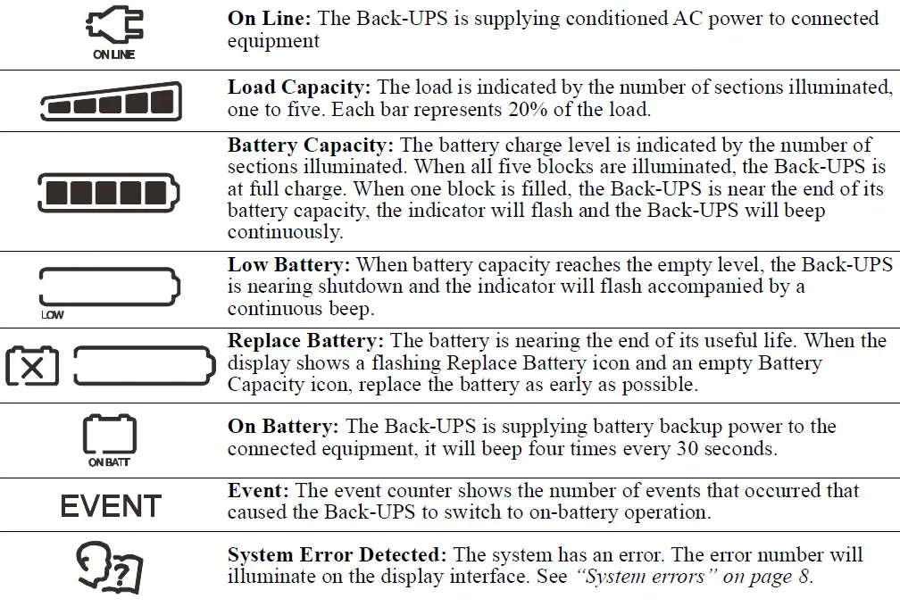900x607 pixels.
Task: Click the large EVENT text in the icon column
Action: coord(111,505)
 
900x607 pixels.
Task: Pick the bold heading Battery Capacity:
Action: coord(312,145)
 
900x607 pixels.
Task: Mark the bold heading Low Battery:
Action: coord(290,264)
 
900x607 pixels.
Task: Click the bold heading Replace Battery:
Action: coord(306,340)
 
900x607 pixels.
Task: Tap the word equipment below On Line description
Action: coord(272,42)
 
